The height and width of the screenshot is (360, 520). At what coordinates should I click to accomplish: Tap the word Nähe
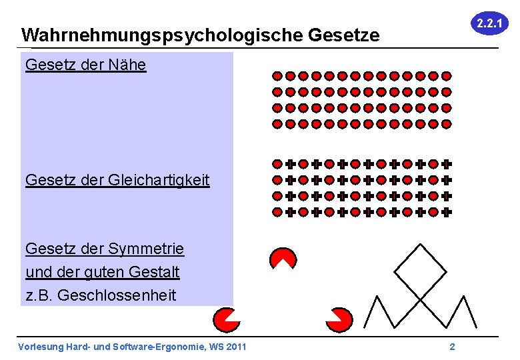[x=127, y=65]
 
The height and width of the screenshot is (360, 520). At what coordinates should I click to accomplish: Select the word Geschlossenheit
[x=117, y=295]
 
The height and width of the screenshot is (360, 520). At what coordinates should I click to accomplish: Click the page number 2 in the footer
[x=452, y=346]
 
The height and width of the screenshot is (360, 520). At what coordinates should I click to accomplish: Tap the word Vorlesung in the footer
[x=39, y=346]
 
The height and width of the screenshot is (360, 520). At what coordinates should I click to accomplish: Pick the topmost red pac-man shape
[x=283, y=258]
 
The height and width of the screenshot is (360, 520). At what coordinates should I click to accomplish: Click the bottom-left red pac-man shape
[x=226, y=319]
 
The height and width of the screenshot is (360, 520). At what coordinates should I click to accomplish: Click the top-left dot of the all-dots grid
[x=277, y=75]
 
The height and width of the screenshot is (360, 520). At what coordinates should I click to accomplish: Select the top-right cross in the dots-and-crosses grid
[x=447, y=163]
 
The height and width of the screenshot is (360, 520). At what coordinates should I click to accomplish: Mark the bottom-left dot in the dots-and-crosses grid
[x=277, y=212]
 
